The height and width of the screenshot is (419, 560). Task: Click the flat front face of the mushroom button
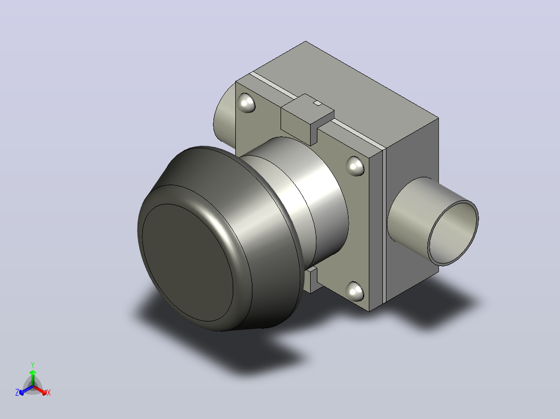click(188, 262)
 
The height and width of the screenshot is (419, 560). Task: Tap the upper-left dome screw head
click(246, 103)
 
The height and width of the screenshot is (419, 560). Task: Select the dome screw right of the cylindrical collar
click(355, 166)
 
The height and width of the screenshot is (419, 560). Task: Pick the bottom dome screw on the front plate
click(355, 291)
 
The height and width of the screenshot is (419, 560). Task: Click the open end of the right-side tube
click(453, 233)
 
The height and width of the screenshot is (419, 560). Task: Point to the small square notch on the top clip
click(317, 103)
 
